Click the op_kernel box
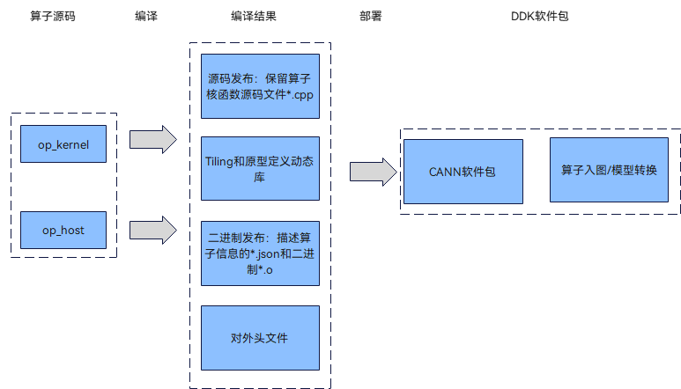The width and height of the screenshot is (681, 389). point(63,144)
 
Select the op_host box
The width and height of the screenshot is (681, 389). point(63,230)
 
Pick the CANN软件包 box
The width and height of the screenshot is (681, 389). point(463,171)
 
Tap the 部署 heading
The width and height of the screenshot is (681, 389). point(371,17)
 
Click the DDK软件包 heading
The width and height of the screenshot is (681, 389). point(539,17)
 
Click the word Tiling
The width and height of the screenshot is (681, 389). point(219,161)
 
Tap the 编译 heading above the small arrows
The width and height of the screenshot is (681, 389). point(146,17)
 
